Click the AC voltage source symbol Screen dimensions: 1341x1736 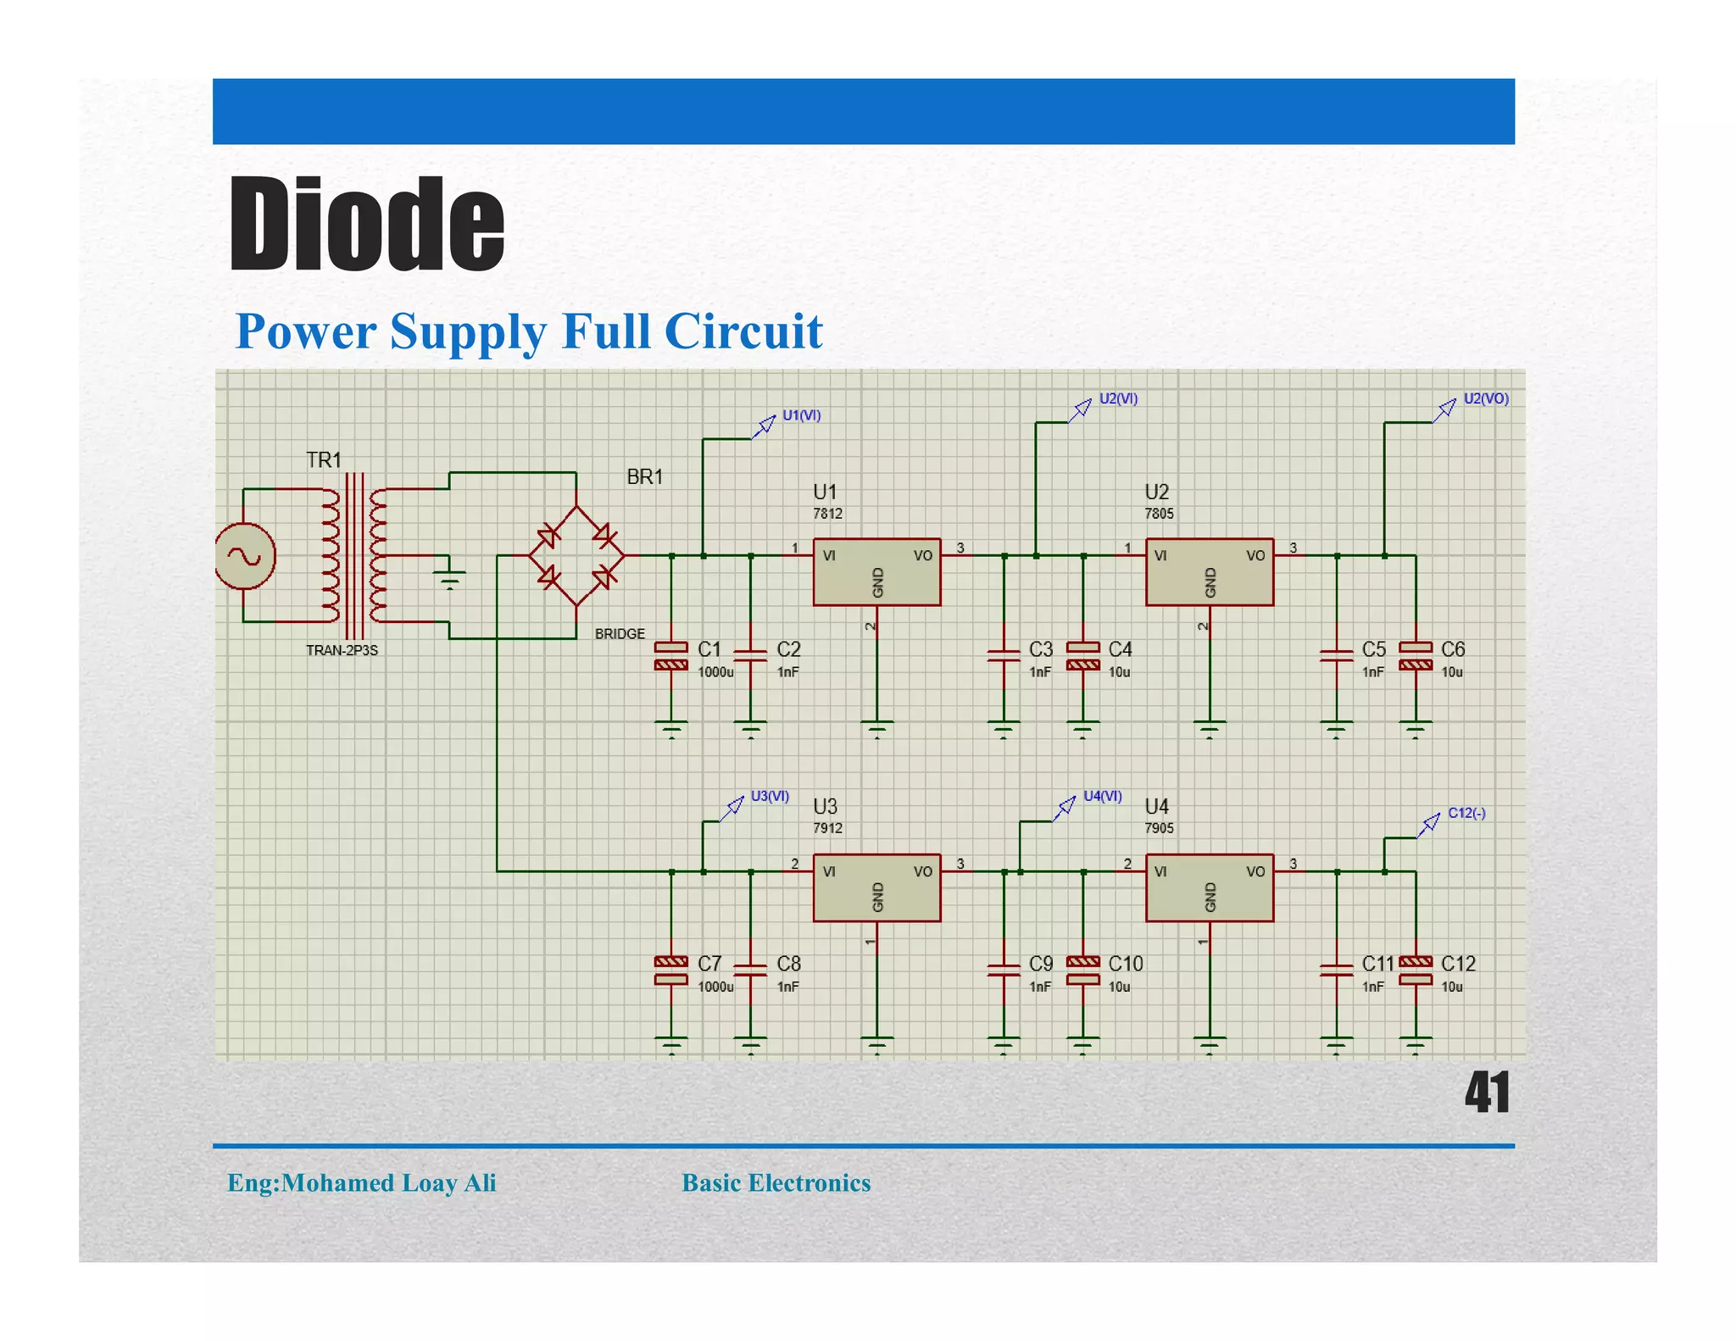(x=244, y=556)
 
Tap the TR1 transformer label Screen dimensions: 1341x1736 (x=324, y=460)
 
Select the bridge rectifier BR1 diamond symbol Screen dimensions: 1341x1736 (x=576, y=556)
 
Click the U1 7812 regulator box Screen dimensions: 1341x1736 (x=876, y=572)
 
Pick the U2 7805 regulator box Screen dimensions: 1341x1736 (x=1209, y=572)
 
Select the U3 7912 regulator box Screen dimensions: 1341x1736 (x=876, y=888)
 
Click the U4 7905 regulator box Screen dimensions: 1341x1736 (x=1209, y=888)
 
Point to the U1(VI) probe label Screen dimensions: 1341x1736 (x=801, y=415)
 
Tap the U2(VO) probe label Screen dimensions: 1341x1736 (x=1486, y=398)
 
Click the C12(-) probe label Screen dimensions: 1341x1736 (x=1466, y=813)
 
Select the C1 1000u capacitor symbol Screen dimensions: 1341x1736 (x=671, y=656)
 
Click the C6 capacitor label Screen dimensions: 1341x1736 (x=1453, y=649)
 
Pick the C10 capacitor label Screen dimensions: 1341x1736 (x=1126, y=964)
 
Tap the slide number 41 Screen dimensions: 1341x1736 (x=1487, y=1093)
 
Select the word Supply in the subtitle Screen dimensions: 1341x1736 (x=468, y=331)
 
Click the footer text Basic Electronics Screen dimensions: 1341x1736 (x=776, y=1182)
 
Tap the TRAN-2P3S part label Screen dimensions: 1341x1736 (x=342, y=650)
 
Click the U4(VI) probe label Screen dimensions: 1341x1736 (x=1102, y=796)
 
